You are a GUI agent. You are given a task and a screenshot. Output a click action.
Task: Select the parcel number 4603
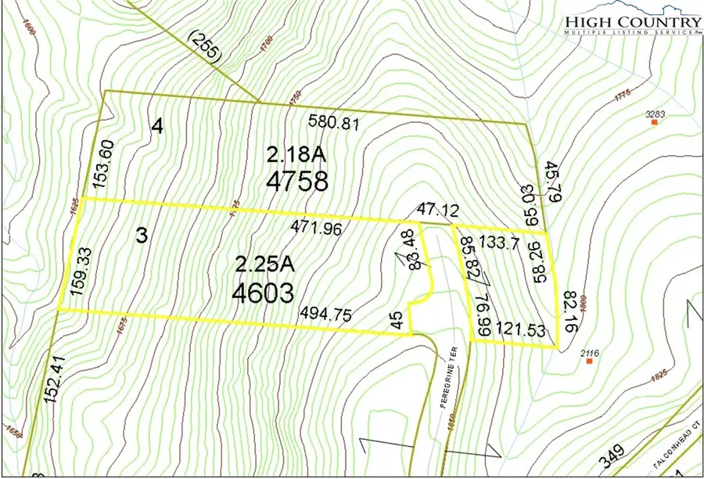(263, 293)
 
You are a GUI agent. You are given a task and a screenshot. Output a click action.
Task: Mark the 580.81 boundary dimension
(332, 122)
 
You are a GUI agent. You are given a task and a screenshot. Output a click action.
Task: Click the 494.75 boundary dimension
(325, 313)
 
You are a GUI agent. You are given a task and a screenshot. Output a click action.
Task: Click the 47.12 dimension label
(429, 209)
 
